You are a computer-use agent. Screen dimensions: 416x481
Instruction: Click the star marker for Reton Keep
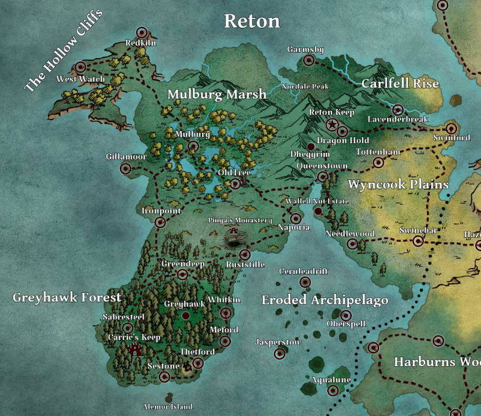332,125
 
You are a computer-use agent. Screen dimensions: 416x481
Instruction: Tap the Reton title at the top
252,21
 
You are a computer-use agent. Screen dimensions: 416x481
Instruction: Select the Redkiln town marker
141,33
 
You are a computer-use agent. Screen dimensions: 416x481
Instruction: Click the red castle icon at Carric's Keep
135,349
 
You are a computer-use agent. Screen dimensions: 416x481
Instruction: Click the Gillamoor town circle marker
126,168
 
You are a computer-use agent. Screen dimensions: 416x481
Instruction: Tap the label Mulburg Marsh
217,94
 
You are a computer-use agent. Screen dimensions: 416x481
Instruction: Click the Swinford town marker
451,129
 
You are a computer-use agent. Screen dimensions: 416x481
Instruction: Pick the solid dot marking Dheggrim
311,146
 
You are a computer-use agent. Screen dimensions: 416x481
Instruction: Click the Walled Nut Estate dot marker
318,211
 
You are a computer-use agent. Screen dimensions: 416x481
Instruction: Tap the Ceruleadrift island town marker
305,282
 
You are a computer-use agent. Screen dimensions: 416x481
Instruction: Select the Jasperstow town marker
280,354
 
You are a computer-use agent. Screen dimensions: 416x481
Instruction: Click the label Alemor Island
168,407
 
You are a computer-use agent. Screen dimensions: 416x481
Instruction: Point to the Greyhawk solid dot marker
185,315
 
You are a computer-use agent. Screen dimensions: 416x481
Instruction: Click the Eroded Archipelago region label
325,300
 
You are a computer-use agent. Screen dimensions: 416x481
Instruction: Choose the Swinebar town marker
418,241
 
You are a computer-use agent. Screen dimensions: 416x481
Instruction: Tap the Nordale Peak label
305,87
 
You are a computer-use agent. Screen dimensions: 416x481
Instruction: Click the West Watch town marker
80,67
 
